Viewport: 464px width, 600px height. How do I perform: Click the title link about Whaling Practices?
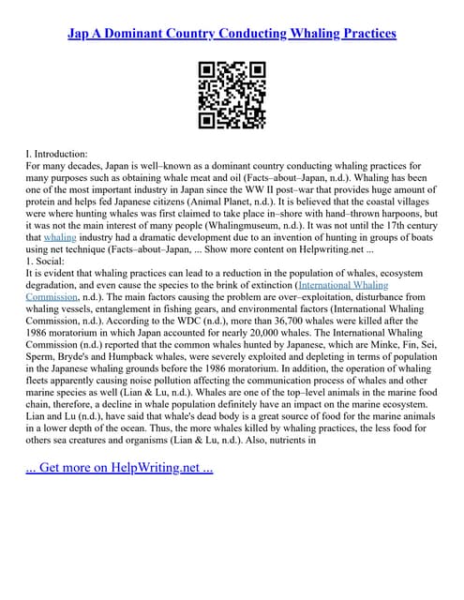point(232,33)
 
